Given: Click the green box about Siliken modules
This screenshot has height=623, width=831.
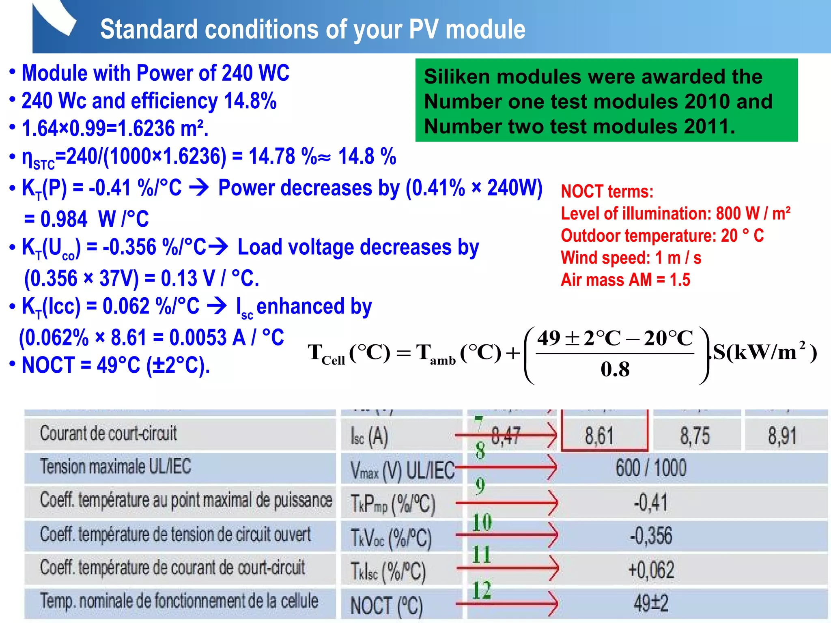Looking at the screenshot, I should pos(606,100).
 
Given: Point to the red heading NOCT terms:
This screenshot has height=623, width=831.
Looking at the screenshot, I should pos(607,191).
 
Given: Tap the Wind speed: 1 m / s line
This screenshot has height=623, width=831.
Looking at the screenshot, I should pos(631,258).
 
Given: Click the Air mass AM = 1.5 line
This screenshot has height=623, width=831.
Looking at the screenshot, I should pos(625,280).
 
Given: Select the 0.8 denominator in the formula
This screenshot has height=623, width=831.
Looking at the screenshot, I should pos(615,369).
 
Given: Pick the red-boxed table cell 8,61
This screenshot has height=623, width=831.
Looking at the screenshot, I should pos(599,436).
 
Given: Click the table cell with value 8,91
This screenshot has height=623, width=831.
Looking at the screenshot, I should pos(782,436).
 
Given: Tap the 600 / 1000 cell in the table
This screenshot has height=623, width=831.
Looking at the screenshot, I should pos(651,468).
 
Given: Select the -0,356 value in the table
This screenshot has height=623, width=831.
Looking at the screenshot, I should pos(651,536).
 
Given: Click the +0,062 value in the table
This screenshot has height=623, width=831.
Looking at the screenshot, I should pos(651,570).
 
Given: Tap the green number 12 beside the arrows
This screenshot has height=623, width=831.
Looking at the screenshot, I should pos(482,590).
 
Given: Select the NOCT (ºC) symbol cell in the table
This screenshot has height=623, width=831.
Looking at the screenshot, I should pos(386,606).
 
